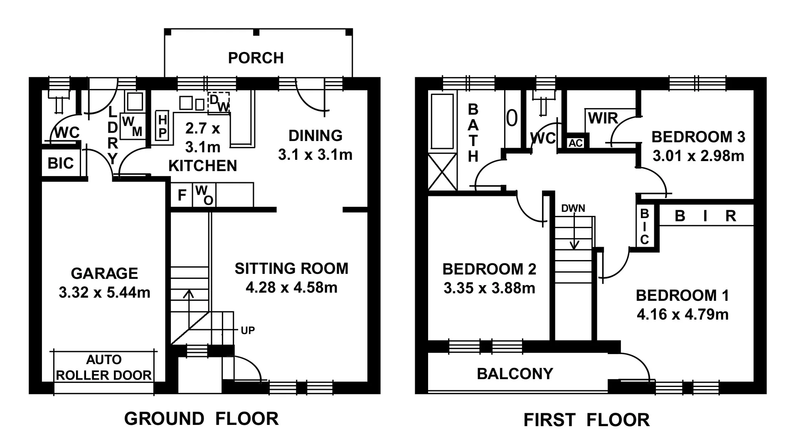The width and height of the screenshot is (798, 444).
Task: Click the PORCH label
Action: (x=256, y=58)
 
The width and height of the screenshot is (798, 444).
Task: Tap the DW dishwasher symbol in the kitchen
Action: (x=219, y=103)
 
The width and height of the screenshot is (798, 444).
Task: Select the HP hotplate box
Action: (x=163, y=126)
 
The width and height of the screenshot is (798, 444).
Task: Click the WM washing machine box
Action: (x=132, y=127)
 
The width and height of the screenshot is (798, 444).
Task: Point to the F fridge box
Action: (x=182, y=195)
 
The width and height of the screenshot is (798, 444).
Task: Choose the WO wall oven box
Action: (x=204, y=195)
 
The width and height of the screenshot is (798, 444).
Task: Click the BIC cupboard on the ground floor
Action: (x=61, y=163)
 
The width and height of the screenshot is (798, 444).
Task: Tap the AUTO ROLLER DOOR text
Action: (x=103, y=367)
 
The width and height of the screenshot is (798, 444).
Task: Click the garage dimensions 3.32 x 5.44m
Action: (x=104, y=293)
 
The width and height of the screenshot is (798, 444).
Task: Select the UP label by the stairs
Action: (x=248, y=330)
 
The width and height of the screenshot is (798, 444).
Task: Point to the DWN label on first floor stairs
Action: (x=573, y=208)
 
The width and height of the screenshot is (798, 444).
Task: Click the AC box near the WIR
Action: (x=576, y=143)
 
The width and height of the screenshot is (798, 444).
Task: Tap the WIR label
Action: (x=603, y=119)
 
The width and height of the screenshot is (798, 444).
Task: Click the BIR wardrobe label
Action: (x=705, y=216)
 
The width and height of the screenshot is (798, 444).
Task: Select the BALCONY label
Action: (x=515, y=374)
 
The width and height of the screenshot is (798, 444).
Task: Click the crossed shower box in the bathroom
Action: (x=442, y=172)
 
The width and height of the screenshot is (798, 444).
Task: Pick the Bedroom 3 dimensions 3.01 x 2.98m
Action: (x=698, y=156)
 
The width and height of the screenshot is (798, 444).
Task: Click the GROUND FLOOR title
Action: (x=201, y=419)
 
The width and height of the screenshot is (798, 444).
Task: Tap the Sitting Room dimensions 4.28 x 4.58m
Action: (x=291, y=288)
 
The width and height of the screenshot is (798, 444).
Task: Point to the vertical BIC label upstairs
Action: (x=644, y=227)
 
